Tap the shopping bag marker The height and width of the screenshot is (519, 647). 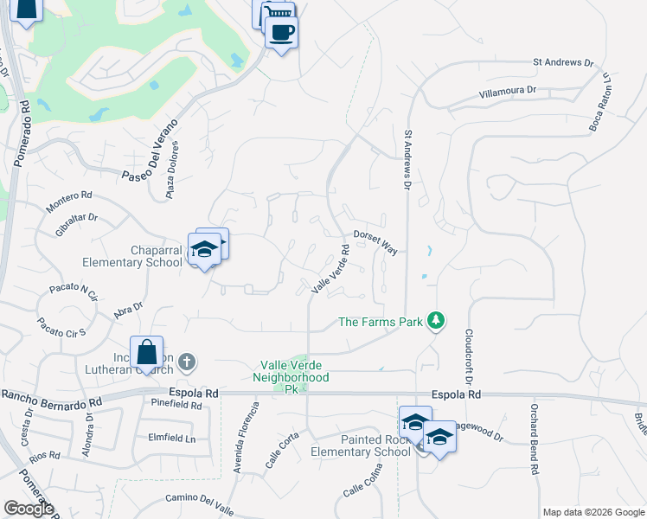(x=146, y=354)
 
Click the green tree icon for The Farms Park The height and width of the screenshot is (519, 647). (x=438, y=322)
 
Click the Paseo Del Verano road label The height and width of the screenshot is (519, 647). (x=151, y=152)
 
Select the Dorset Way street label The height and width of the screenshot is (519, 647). (x=375, y=241)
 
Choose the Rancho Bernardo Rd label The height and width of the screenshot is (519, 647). (x=52, y=399)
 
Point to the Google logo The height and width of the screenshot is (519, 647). (x=29, y=509)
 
